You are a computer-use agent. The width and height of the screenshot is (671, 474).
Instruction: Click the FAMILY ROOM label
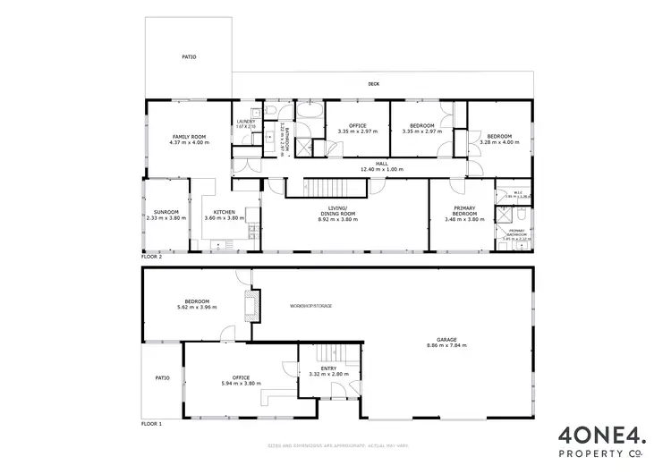(x=189, y=137)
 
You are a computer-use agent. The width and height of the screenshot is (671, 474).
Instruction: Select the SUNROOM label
(x=166, y=212)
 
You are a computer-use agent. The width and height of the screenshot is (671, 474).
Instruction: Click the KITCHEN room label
(x=225, y=212)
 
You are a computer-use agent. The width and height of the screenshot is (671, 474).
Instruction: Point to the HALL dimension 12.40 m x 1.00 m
(x=381, y=170)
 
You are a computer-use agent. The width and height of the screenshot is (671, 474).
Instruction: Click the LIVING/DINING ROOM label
(x=338, y=212)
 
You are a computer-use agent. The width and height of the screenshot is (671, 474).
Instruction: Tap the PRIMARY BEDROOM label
(x=463, y=212)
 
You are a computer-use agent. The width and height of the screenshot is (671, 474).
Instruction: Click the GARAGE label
(x=446, y=339)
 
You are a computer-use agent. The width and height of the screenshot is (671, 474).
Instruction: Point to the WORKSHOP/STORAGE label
(x=310, y=306)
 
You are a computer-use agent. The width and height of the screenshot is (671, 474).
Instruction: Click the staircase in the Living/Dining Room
(x=337, y=188)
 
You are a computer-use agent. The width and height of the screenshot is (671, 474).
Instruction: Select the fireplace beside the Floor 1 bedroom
(x=253, y=305)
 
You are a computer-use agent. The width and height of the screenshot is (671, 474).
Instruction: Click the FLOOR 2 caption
(x=152, y=257)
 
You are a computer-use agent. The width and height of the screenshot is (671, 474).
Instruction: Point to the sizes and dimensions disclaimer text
(x=335, y=444)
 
